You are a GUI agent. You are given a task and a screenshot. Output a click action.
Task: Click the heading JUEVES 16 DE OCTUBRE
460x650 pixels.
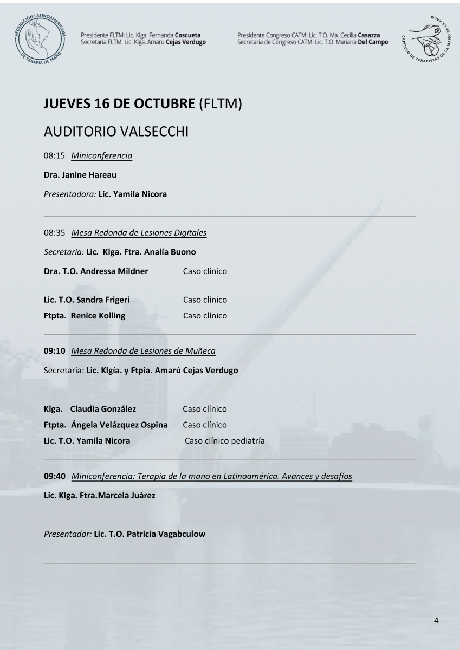click(x=119, y=105)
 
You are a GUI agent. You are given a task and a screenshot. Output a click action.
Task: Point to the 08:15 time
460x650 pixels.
click(x=54, y=156)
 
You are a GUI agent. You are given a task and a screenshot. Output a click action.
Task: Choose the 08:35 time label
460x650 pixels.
click(x=54, y=233)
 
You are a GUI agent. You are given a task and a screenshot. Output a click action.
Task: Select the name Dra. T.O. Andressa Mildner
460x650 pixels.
click(x=96, y=271)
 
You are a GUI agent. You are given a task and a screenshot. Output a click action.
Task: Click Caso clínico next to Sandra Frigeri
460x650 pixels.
click(x=205, y=300)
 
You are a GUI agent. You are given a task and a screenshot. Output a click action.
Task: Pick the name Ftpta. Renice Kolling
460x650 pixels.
click(x=84, y=316)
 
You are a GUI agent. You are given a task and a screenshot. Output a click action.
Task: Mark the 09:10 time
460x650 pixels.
click(x=55, y=351)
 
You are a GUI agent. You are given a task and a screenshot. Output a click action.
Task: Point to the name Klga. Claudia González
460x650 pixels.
click(x=90, y=409)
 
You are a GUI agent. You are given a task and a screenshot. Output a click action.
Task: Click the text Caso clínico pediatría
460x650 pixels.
click(x=224, y=441)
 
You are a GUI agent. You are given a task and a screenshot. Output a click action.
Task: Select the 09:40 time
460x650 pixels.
click(x=55, y=476)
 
